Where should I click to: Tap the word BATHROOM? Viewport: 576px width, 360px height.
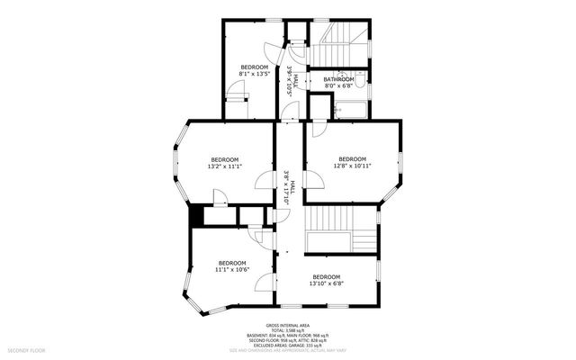point(339,79)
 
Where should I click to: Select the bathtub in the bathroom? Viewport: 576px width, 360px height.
point(349,110)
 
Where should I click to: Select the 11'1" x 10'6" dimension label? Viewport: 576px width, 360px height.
point(232,269)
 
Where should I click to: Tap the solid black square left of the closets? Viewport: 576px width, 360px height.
point(194,216)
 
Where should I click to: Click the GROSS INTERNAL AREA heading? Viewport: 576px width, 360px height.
point(288,325)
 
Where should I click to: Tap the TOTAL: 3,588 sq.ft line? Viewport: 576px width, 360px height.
point(288,331)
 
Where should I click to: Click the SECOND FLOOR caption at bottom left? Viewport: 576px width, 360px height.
point(27,348)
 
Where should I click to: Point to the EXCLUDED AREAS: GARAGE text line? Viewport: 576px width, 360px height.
point(288,344)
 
